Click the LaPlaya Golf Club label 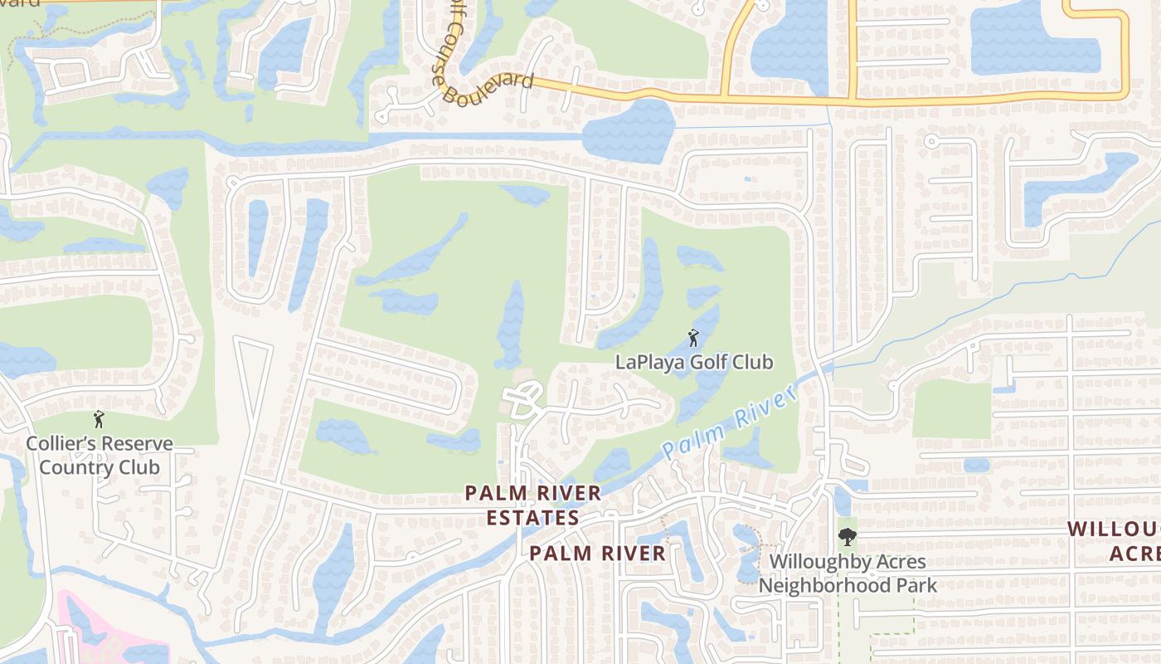coord(694,362)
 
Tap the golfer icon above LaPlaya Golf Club coord(693,339)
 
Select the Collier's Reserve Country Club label coord(100,455)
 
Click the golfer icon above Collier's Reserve coord(100,420)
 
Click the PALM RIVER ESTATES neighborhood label coord(532,505)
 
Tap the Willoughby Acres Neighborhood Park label coord(848,574)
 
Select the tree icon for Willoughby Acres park coord(847,537)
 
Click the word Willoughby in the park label coord(819,562)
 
